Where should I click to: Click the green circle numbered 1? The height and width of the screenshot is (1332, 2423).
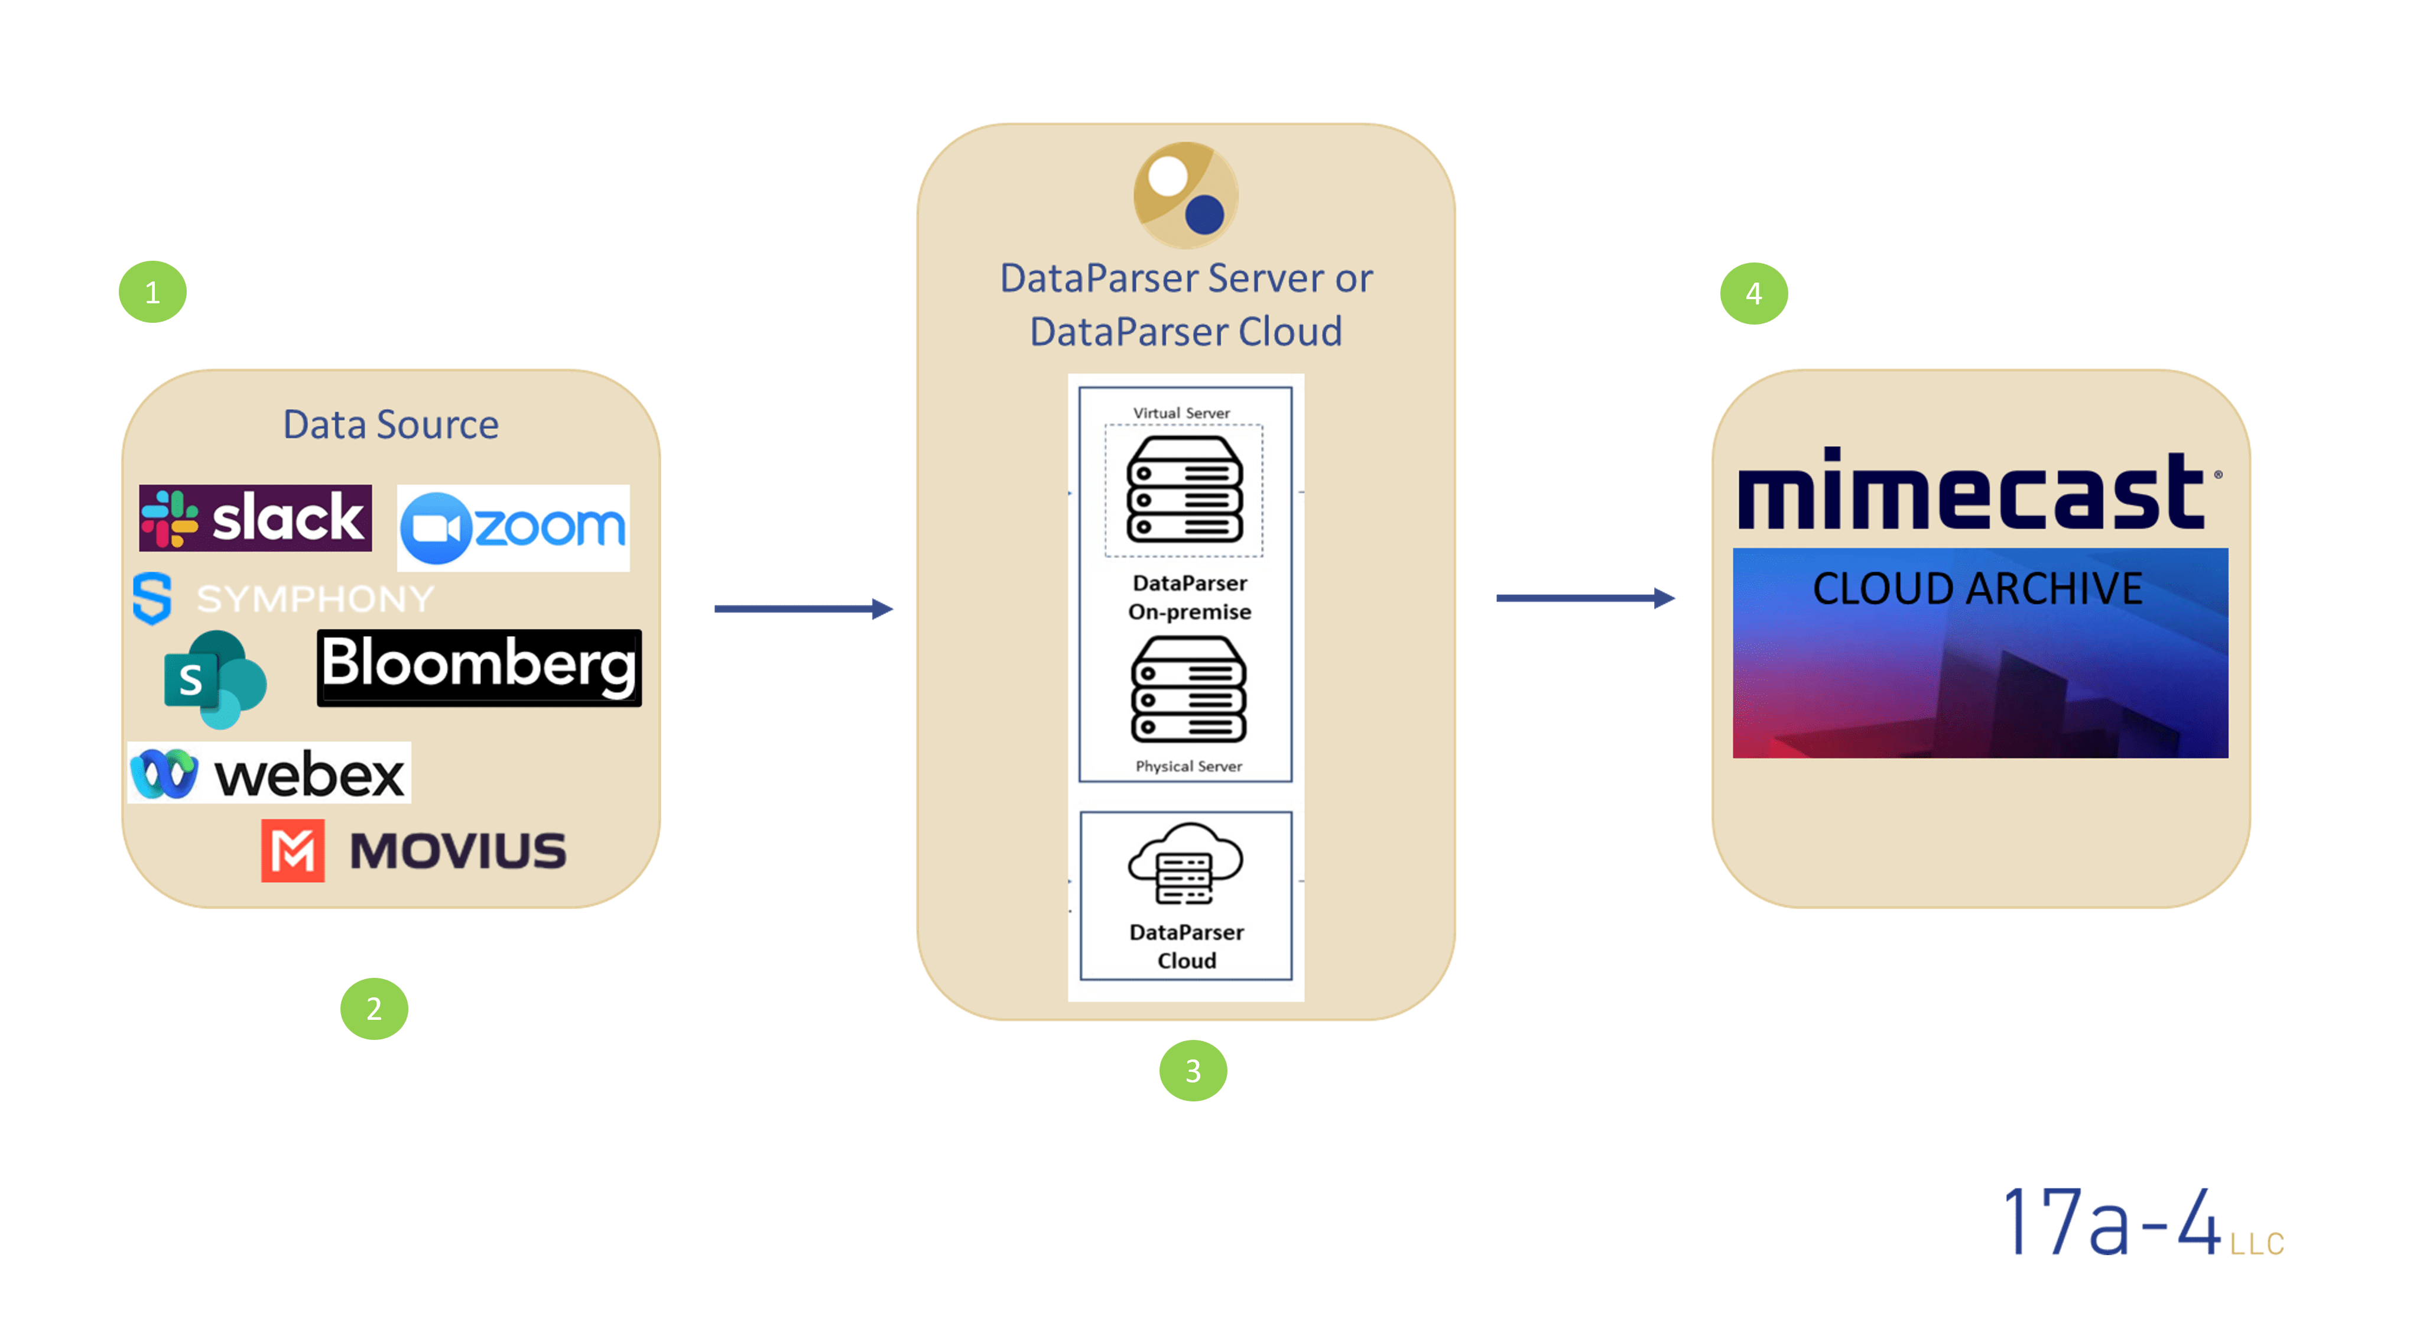tap(152, 293)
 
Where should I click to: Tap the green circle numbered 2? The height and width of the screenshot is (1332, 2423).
tap(373, 1009)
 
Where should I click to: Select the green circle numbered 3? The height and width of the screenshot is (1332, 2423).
tap(1193, 1071)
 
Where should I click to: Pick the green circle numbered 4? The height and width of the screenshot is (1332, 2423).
tap(1753, 293)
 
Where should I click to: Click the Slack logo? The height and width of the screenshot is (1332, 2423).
tap(255, 517)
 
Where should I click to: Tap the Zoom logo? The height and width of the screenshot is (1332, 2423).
tap(512, 528)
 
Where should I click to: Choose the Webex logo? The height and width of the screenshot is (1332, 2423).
tap(269, 773)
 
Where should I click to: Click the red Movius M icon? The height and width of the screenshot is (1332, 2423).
tap(293, 850)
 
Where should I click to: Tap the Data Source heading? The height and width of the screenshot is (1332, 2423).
tap(391, 425)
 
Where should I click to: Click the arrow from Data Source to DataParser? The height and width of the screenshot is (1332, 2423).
tap(803, 608)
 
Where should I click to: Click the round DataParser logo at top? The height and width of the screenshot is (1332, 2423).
tap(1185, 195)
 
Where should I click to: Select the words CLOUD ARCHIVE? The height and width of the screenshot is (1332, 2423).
tap(1977, 589)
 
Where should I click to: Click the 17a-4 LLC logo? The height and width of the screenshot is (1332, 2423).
tap(2143, 1222)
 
